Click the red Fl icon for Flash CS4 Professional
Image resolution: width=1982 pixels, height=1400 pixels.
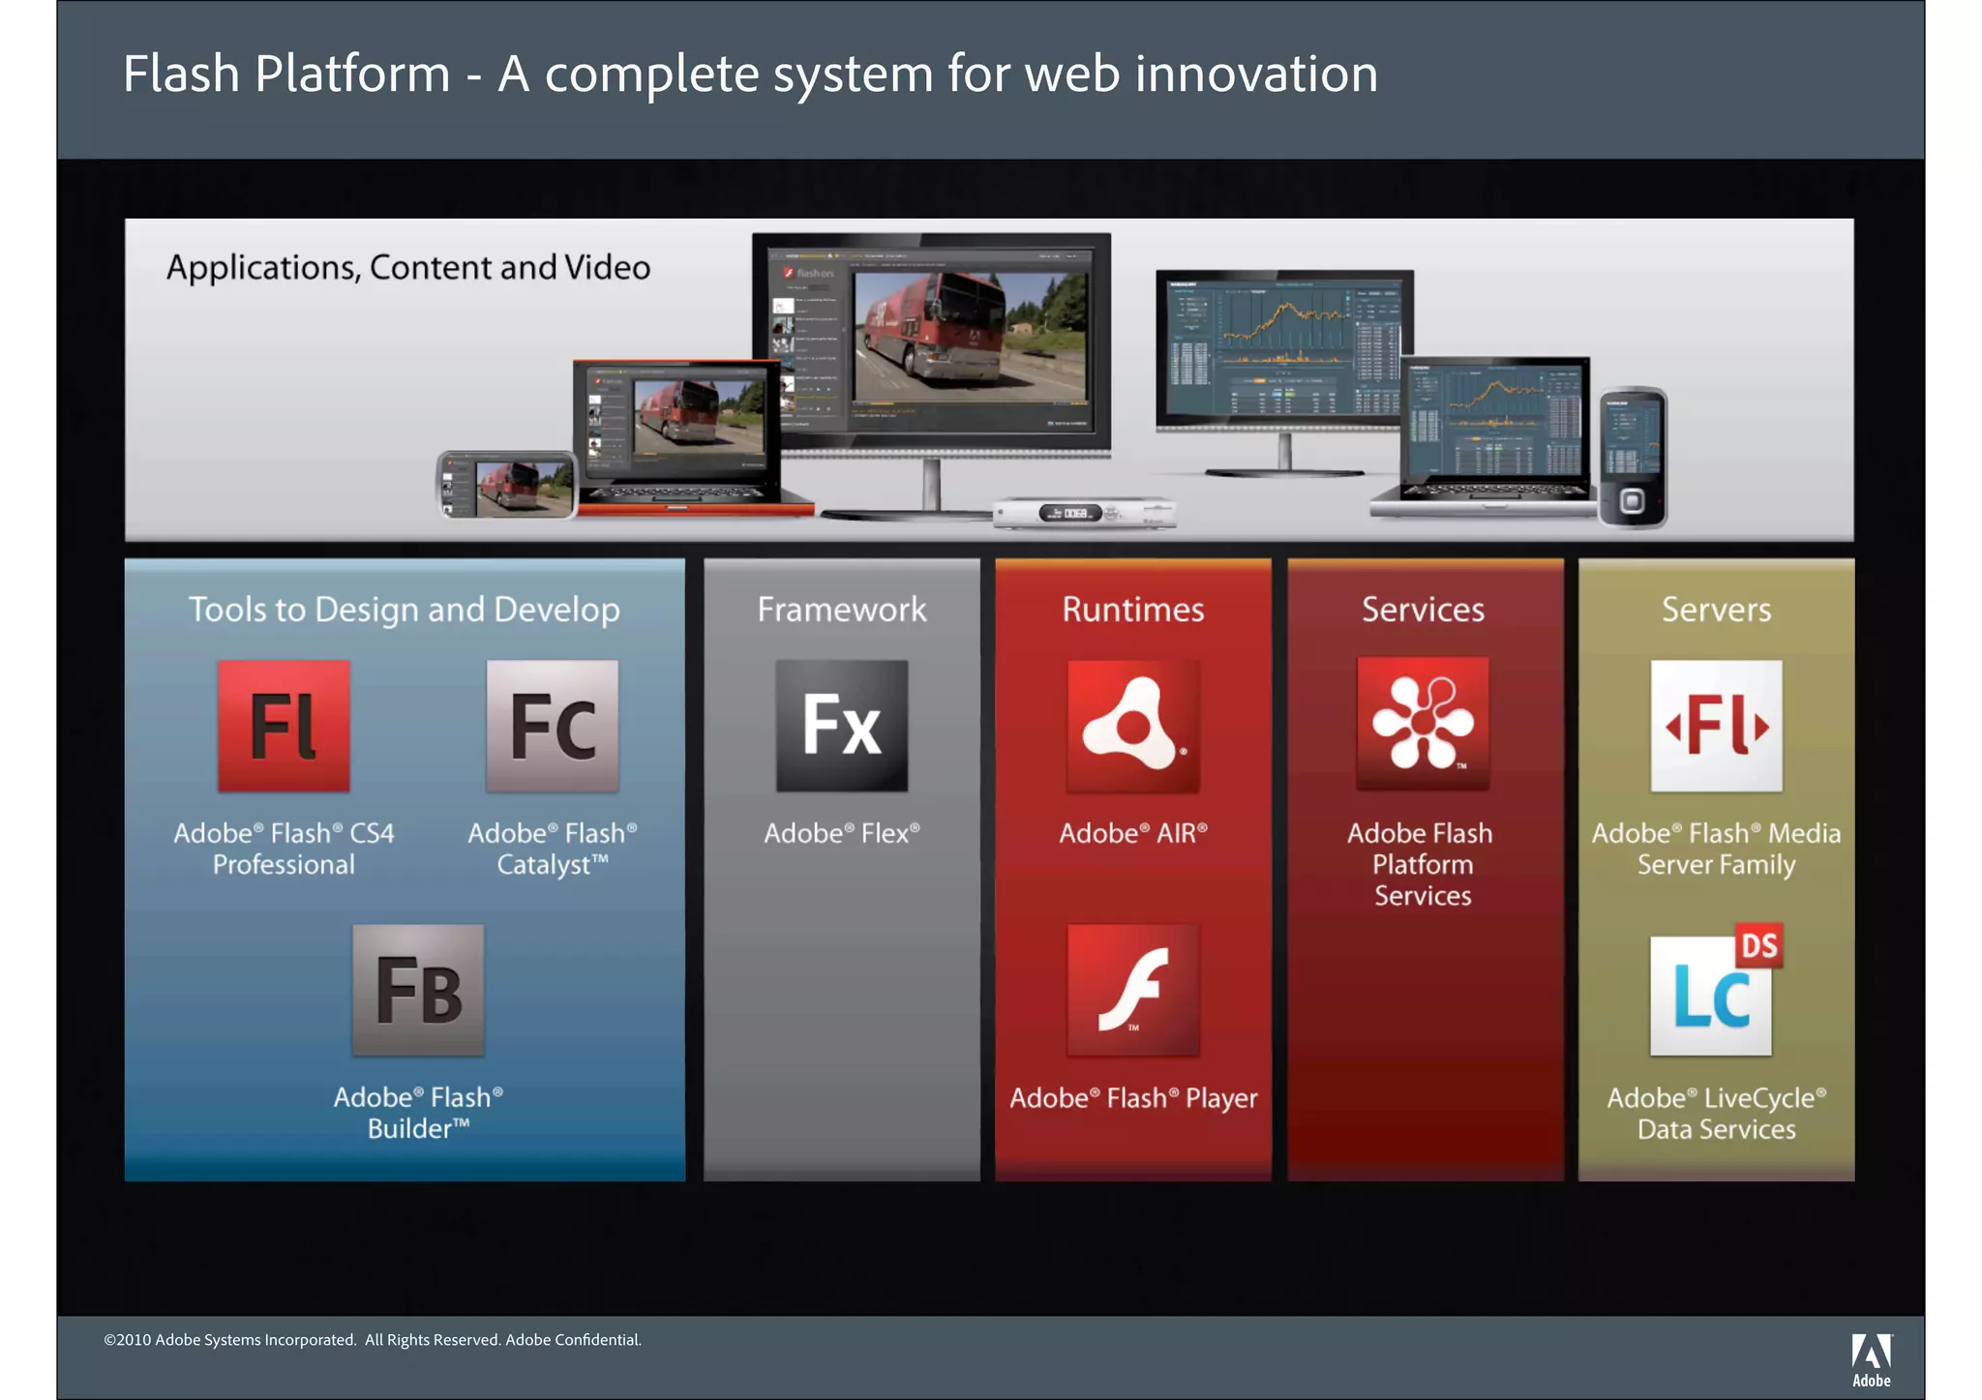(x=284, y=726)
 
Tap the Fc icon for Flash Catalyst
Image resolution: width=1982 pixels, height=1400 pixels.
(x=552, y=726)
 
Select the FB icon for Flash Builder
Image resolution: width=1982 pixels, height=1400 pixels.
(x=418, y=990)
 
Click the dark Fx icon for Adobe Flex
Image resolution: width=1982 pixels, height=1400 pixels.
(x=842, y=726)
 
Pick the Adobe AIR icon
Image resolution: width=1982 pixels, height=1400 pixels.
(x=1133, y=726)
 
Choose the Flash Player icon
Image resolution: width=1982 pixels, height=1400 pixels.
(x=1133, y=990)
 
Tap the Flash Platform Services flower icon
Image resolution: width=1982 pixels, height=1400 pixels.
(x=1423, y=724)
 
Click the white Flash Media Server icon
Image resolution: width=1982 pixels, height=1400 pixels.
(x=1716, y=726)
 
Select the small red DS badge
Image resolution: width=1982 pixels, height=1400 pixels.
(x=1758, y=945)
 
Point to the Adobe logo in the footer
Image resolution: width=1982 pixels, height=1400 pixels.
(x=1871, y=1359)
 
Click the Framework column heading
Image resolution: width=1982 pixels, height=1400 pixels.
(x=842, y=610)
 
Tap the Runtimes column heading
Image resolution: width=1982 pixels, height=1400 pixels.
(x=1133, y=610)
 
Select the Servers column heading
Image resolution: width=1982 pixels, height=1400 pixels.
(x=1716, y=610)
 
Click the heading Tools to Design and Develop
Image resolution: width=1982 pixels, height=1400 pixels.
(x=405, y=610)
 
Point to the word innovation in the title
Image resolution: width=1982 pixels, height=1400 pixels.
(x=1256, y=74)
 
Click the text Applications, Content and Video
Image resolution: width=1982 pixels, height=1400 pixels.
(x=408, y=268)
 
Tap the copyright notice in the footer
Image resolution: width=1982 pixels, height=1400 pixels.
(x=373, y=1340)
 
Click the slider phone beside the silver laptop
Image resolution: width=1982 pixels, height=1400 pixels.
(x=1633, y=457)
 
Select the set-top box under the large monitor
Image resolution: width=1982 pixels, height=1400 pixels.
(x=1085, y=513)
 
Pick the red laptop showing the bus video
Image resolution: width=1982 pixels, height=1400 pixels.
(x=682, y=435)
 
